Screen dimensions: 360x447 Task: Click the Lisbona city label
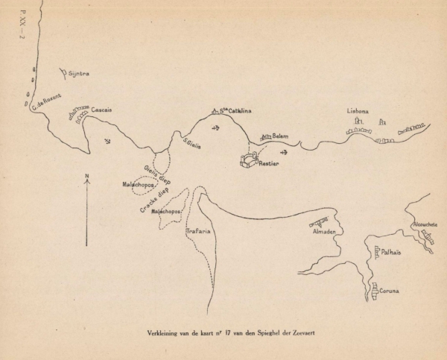click(x=358, y=112)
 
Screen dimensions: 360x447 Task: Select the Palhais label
click(x=393, y=253)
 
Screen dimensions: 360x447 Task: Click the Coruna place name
click(x=392, y=291)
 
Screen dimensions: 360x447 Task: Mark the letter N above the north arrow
click(x=87, y=176)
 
